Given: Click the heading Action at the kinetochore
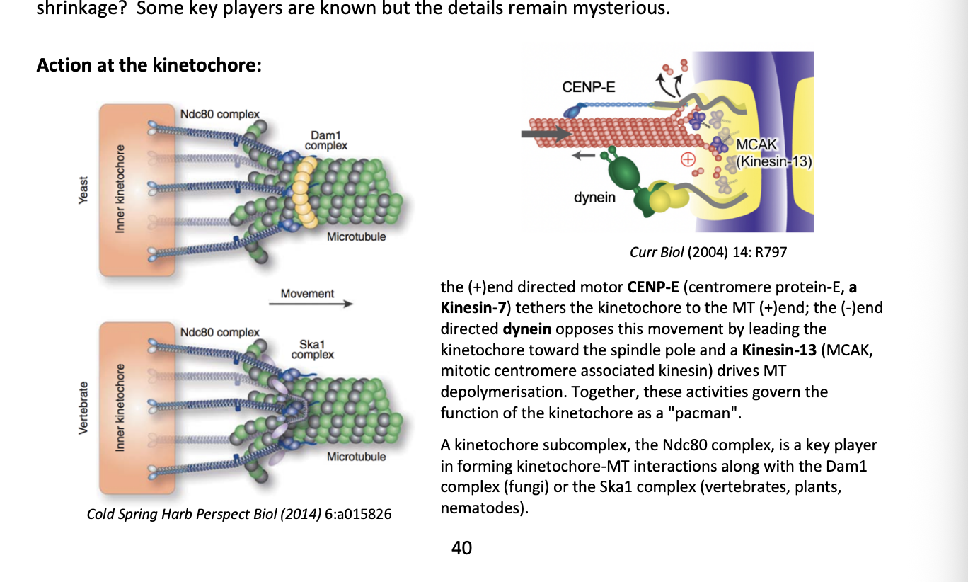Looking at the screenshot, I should [149, 65].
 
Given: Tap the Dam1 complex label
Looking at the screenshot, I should [325, 139].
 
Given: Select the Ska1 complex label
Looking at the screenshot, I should [312, 349].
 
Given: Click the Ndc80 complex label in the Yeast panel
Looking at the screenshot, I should [219, 114].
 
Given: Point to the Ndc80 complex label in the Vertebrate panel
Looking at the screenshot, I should [219, 332].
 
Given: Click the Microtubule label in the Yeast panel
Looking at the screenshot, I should [356, 236].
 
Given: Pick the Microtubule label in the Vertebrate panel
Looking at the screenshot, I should [356, 457].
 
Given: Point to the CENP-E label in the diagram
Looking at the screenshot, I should [588, 87].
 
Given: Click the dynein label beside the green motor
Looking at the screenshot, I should [594, 198].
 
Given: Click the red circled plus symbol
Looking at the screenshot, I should [686, 160].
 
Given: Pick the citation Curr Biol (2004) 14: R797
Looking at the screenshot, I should [708, 252].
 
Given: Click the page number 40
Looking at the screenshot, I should [461, 547].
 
